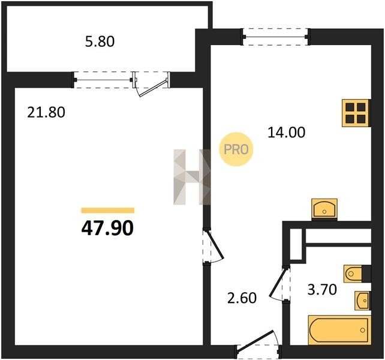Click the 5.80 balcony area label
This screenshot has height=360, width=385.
100,41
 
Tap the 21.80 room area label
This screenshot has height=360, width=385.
46,113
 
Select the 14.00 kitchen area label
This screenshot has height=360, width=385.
287,133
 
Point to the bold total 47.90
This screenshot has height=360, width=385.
107,228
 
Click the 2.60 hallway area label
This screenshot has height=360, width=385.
242,298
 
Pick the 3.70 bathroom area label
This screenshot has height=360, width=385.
322,289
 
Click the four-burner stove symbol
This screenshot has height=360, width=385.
356,113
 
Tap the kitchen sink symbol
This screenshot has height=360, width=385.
324,208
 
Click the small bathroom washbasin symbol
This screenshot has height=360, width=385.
362,301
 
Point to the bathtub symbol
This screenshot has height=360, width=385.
339,330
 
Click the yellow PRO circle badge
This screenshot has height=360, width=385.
236,149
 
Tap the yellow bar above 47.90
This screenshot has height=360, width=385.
108,211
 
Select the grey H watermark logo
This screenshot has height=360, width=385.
192,177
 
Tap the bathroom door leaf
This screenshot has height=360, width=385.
278,282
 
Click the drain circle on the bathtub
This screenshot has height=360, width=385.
362,330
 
